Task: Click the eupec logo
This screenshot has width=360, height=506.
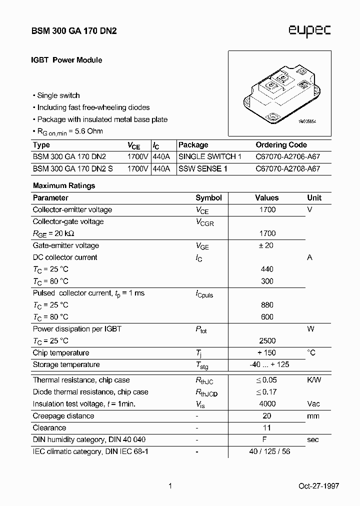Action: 309,31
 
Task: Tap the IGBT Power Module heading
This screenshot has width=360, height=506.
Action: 67,60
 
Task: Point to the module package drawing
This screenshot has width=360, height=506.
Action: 279,93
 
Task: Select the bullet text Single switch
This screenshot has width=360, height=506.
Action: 58,95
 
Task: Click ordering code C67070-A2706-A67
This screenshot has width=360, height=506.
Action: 287,156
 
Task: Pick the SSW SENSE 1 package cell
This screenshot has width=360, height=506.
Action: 203,168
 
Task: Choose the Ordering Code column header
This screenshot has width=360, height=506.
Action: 281,145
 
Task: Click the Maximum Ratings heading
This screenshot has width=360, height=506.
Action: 64,185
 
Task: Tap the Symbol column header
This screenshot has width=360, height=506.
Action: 208,197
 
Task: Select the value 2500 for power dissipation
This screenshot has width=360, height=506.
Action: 267,340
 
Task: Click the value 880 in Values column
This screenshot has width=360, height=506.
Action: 267,304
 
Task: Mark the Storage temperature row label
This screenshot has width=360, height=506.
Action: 66,364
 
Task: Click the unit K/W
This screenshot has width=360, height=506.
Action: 314,380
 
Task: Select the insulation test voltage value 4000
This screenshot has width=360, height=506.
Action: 267,403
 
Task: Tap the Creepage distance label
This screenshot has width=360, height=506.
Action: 63,415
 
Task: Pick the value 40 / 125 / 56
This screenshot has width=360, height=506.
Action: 269,451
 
